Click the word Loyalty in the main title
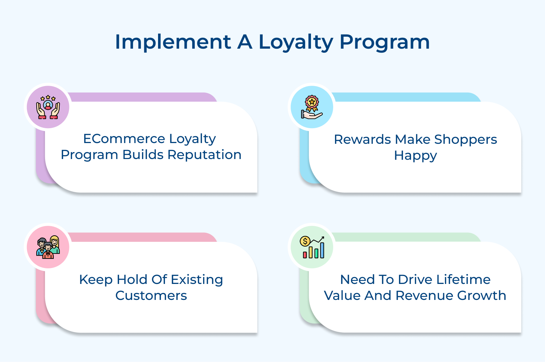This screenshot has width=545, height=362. [x=295, y=42]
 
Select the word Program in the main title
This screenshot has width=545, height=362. [x=384, y=42]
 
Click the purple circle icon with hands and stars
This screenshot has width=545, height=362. [x=48, y=107]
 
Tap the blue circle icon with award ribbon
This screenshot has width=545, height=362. [x=312, y=107]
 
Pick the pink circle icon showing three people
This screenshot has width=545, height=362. [x=48, y=247]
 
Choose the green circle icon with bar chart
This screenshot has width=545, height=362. [x=312, y=247]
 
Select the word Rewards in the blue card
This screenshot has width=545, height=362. [x=362, y=139]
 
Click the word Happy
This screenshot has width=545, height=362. [x=415, y=156]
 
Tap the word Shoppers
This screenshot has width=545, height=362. [x=465, y=139]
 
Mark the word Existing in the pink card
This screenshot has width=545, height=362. [x=197, y=280]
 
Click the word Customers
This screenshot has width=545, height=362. [x=151, y=296]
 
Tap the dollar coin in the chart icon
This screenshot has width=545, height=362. [x=305, y=241]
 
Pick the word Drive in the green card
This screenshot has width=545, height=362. [x=415, y=280]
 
